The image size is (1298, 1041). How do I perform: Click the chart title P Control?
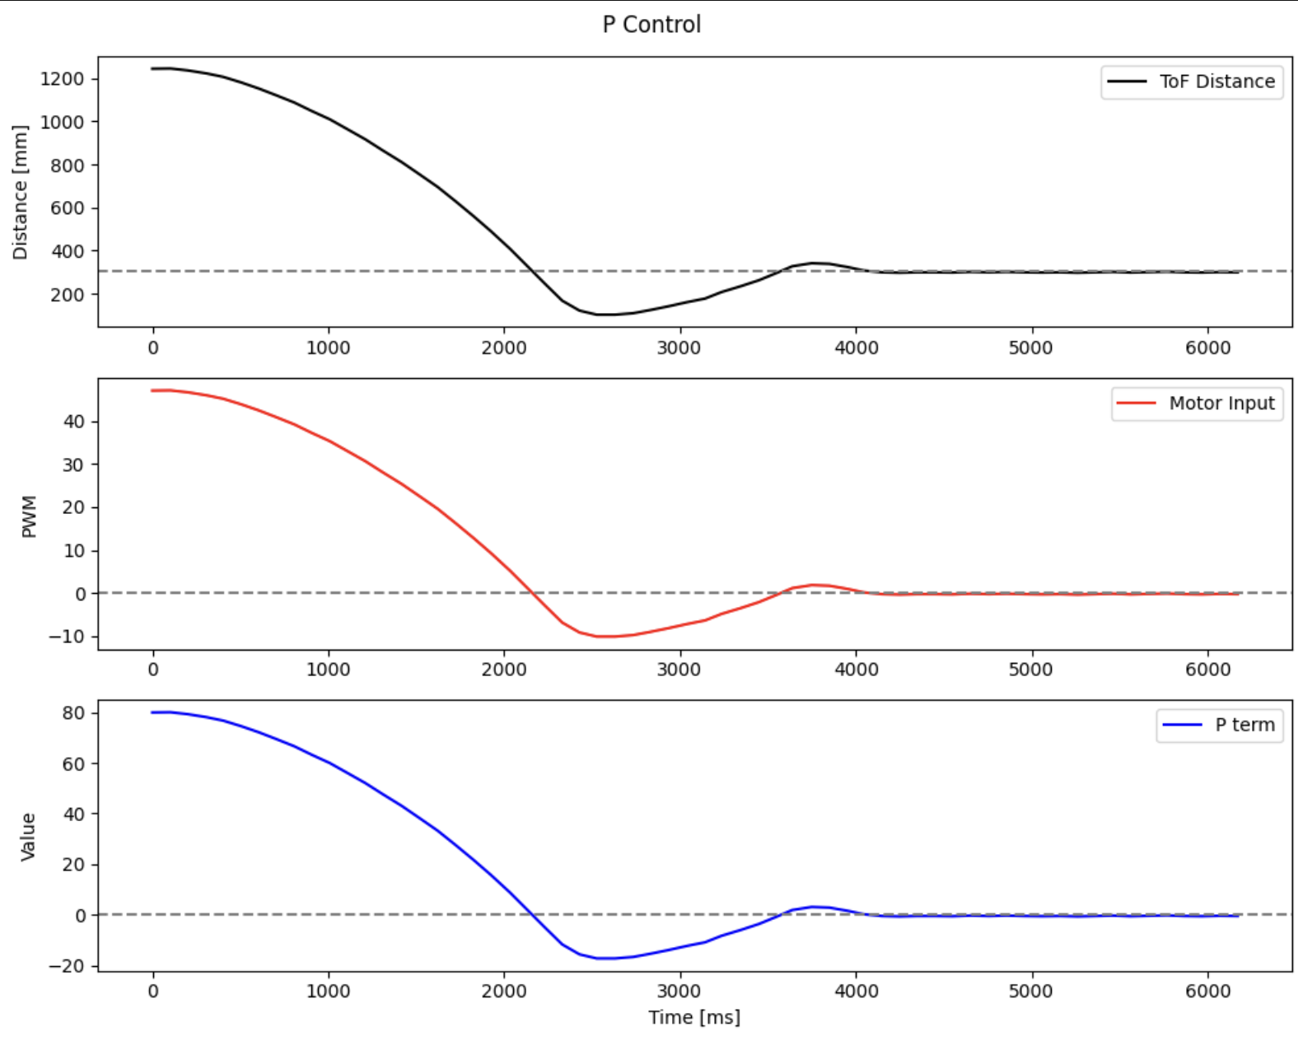pos(651,25)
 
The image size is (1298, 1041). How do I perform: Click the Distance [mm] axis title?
pos(21,193)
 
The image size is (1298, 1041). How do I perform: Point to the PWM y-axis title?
pos(30,516)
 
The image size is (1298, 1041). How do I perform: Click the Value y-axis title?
pos(29,837)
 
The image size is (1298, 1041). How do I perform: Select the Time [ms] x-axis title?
pos(694,1018)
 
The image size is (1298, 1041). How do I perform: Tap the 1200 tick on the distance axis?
pos(63,79)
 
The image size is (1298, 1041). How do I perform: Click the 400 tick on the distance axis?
pos(68,251)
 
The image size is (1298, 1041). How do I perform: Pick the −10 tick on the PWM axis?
pos(67,637)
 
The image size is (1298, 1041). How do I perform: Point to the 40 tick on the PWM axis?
pos(74,422)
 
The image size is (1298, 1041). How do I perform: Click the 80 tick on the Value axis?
pos(74,713)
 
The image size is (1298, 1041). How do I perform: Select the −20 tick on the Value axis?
pos(67,966)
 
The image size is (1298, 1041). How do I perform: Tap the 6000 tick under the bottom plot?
pos(1207,991)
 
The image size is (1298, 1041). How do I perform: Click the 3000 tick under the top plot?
pos(679,348)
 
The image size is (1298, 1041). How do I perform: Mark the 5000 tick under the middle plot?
pos(1031,670)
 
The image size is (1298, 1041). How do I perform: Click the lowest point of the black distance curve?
pos(605,315)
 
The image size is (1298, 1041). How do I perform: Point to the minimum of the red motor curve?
pos(605,637)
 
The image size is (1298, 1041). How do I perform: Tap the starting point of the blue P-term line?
pos(153,712)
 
